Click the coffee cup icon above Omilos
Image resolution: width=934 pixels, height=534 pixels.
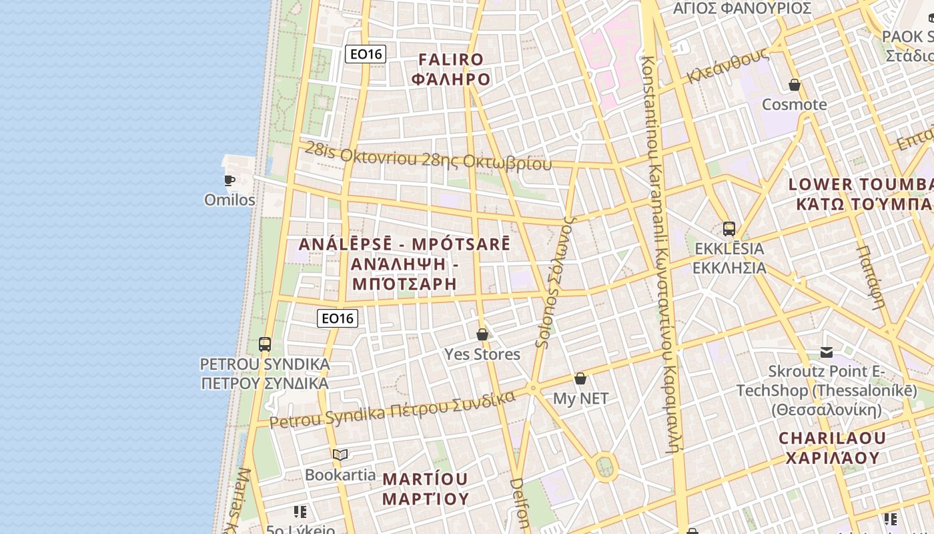coord(229,180)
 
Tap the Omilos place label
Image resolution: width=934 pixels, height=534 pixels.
coord(229,200)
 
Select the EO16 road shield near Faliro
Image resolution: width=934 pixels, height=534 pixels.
coord(366,54)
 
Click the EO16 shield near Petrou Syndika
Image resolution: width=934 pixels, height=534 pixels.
coord(337,318)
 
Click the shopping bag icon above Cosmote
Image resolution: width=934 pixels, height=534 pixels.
coord(794,85)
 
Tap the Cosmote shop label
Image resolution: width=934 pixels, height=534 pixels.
coord(794,105)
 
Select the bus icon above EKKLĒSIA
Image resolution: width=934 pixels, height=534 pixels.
coord(729,229)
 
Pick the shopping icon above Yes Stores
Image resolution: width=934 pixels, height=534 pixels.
coord(482,334)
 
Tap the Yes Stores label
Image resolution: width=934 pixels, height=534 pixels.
coord(482,354)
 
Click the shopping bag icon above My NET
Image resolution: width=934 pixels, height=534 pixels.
coord(580,378)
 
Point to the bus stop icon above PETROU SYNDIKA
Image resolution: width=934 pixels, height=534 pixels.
coord(265,344)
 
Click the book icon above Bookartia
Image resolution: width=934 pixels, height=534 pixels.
coord(340,455)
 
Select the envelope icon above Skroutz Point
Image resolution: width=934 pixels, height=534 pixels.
coord(827,352)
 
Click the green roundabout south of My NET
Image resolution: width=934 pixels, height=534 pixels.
coord(604,465)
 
